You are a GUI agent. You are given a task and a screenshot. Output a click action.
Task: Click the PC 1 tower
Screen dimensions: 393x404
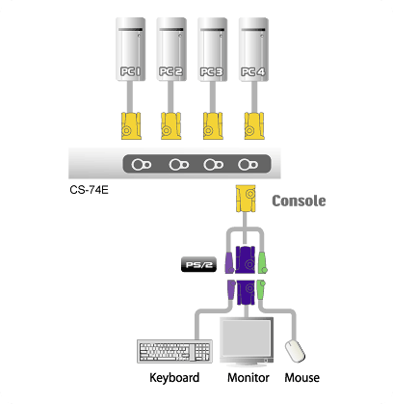[130, 49]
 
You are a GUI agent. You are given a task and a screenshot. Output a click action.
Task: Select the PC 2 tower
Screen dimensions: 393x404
[171, 49]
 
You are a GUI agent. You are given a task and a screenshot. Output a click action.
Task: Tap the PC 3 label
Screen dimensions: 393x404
[212, 71]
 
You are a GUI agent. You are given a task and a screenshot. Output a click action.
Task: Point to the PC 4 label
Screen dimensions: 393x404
[253, 71]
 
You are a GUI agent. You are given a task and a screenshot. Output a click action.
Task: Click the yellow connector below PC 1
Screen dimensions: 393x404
[131, 125]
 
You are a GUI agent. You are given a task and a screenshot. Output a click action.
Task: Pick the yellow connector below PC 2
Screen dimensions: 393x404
[170, 125]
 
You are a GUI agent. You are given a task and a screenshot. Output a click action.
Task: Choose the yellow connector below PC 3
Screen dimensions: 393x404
[213, 125]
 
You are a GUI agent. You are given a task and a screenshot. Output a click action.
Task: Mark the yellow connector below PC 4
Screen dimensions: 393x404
[254, 125]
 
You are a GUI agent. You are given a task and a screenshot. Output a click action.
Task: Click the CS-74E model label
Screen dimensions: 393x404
[89, 190]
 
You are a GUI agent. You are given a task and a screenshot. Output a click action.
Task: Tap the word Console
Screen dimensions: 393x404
[299, 201]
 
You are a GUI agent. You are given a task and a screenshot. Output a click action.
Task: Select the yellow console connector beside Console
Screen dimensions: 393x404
[246, 199]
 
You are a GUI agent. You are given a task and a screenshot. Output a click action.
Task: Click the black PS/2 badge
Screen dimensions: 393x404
[198, 265]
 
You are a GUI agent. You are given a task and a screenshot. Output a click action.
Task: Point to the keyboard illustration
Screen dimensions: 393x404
[174, 351]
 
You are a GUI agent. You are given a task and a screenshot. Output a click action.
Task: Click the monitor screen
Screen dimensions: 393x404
[247, 337]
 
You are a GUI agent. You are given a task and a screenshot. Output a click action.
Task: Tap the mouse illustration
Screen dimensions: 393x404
[295, 351]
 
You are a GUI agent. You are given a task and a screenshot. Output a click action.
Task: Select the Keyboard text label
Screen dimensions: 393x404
[174, 378]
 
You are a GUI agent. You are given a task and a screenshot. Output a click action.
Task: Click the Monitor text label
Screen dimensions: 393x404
[249, 378]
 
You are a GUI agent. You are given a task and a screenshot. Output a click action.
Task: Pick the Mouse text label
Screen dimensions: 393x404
[301, 378]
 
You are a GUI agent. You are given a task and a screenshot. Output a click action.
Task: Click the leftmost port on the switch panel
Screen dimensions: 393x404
[142, 165]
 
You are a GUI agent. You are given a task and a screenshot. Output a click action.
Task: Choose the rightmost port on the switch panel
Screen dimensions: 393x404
[248, 165]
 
